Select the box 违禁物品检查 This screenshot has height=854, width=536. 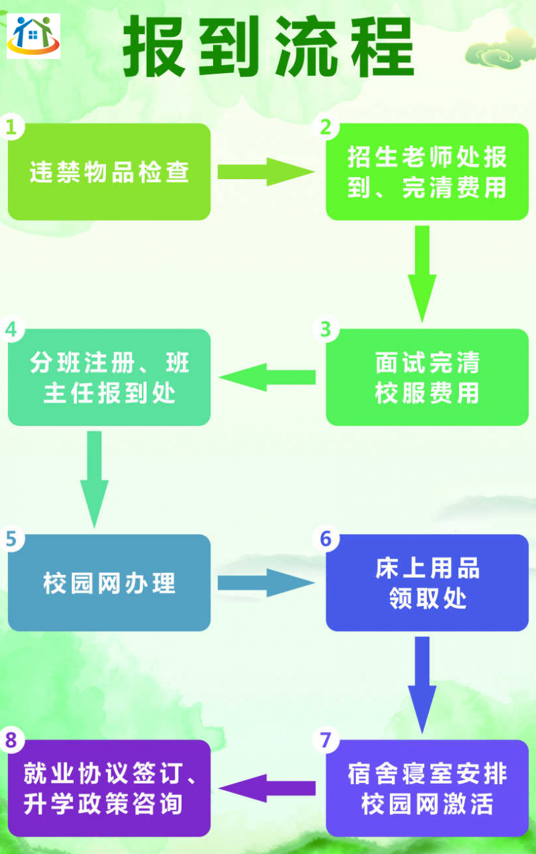pyautogui.click(x=109, y=172)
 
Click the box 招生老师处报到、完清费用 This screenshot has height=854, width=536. pyautogui.click(x=427, y=172)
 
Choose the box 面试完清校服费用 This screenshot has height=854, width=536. pyautogui.click(x=427, y=377)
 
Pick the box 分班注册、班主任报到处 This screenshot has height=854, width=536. pyautogui.click(x=109, y=377)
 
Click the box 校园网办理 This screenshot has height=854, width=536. pyautogui.click(x=109, y=582)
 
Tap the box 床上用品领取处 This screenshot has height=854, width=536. pyautogui.click(x=427, y=582)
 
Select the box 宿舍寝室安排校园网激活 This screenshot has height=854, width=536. pyautogui.click(x=427, y=788)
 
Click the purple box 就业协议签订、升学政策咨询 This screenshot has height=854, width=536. pyautogui.click(x=109, y=788)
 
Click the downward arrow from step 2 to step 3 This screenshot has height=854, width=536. pyautogui.click(x=421, y=272)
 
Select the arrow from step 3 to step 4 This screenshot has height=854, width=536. pyautogui.click(x=267, y=377)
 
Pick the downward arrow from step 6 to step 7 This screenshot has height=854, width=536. pyautogui.click(x=421, y=683)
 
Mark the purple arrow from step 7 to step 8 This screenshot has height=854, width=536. pyautogui.click(x=267, y=788)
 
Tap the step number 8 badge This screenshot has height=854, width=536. pyautogui.click(x=12, y=741)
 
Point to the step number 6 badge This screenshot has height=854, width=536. pyautogui.click(x=326, y=538)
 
